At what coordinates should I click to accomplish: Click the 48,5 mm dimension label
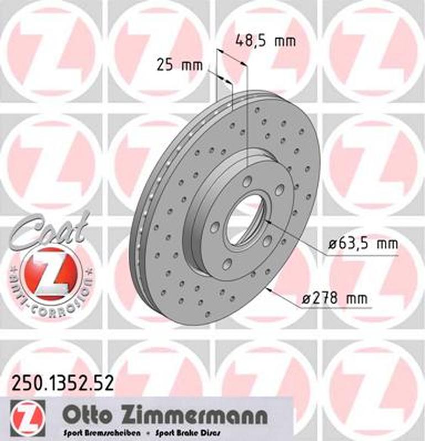(x=265, y=40)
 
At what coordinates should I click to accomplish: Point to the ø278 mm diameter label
(x=336, y=299)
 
